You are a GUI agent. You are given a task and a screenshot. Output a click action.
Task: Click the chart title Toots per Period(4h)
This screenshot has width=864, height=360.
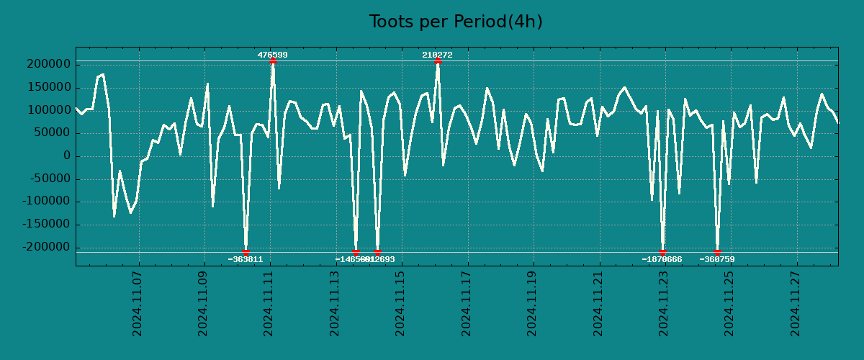click(456, 22)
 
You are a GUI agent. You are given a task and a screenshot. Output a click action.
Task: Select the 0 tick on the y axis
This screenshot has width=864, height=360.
click(67, 156)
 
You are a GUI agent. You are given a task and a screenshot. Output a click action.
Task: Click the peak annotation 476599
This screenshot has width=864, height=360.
click(273, 55)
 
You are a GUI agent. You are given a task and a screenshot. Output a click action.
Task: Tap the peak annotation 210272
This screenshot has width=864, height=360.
click(437, 55)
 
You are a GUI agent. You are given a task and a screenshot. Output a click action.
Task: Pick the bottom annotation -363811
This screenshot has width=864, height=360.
click(246, 259)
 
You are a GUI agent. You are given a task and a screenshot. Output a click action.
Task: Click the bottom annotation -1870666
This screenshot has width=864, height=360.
click(662, 259)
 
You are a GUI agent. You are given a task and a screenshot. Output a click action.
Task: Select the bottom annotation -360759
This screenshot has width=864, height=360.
click(717, 259)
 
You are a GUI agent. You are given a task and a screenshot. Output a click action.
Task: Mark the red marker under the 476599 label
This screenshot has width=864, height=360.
click(273, 61)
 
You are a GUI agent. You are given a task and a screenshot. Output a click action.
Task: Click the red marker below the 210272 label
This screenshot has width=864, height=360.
click(438, 61)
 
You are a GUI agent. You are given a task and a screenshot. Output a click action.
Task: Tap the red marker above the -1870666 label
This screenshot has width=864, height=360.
click(662, 252)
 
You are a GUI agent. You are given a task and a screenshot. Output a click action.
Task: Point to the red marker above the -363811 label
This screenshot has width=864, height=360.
click(246, 252)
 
